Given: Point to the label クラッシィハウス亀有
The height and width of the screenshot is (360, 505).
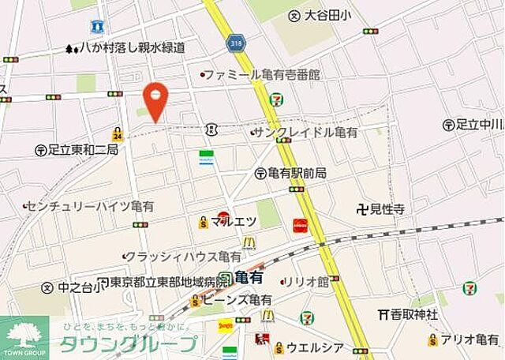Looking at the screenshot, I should point(183,256).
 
